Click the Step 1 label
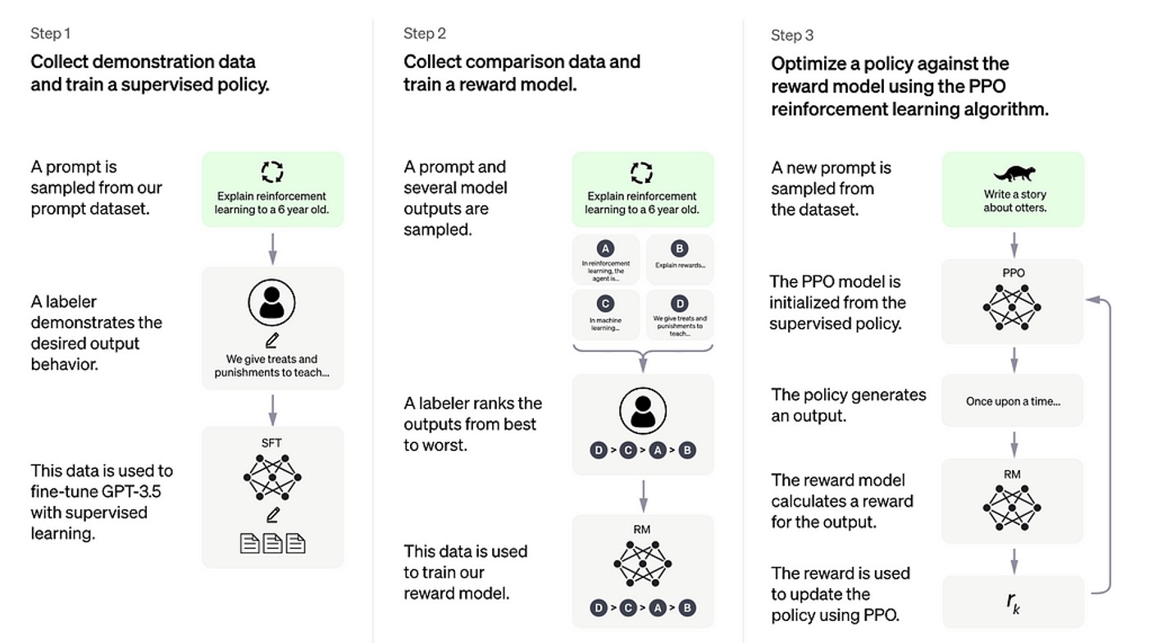point(51,34)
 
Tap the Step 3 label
point(792,35)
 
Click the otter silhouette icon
point(1014,173)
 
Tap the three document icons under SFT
point(272,543)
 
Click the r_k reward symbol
point(1014,601)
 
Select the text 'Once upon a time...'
point(1013,401)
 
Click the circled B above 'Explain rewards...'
point(679,248)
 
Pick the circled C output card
point(605,315)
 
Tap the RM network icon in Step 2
point(642,563)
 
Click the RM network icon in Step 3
point(1013,507)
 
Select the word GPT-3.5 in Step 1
point(121,491)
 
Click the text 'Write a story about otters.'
point(1014,201)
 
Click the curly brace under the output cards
point(643,355)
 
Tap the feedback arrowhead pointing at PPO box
point(1091,300)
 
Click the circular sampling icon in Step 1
point(272,171)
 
